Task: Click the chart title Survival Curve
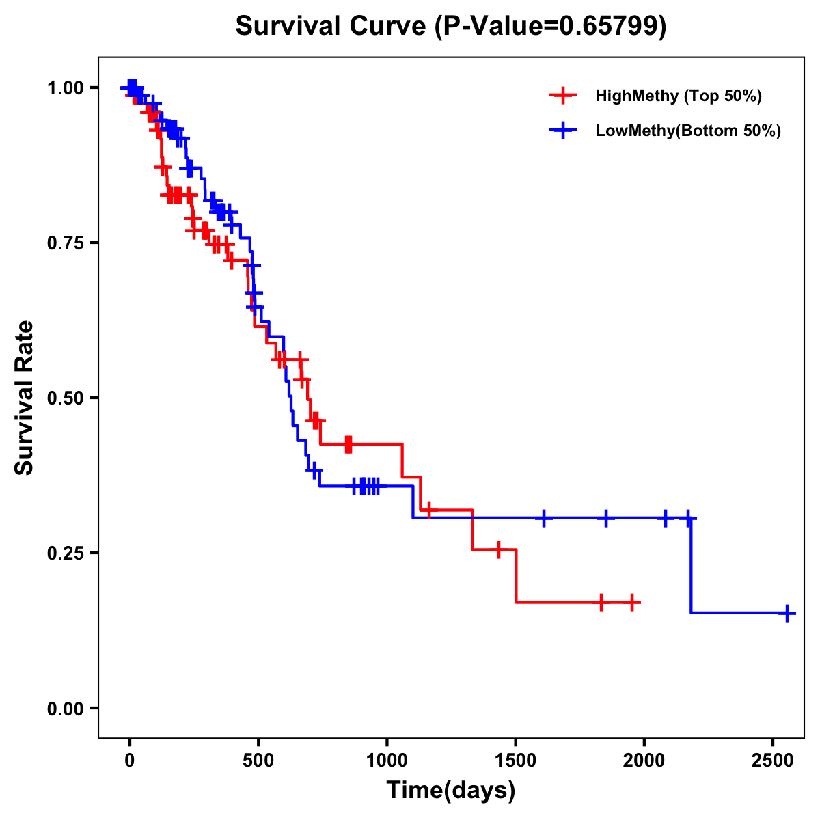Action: point(333,27)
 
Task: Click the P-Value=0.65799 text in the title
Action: point(551,27)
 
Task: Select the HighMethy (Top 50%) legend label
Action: point(678,96)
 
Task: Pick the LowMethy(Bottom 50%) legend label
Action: point(687,131)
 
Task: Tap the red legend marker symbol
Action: point(563,96)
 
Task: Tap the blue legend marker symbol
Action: point(563,131)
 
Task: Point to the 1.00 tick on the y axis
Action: point(65,88)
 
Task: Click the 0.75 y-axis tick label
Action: point(65,243)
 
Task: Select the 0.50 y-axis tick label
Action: point(65,398)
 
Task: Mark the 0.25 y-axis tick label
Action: point(65,553)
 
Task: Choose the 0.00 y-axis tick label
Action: point(65,709)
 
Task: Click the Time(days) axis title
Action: point(451,791)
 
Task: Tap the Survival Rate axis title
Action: point(25,398)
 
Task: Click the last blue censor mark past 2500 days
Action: point(787,613)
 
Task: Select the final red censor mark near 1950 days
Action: point(632,603)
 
